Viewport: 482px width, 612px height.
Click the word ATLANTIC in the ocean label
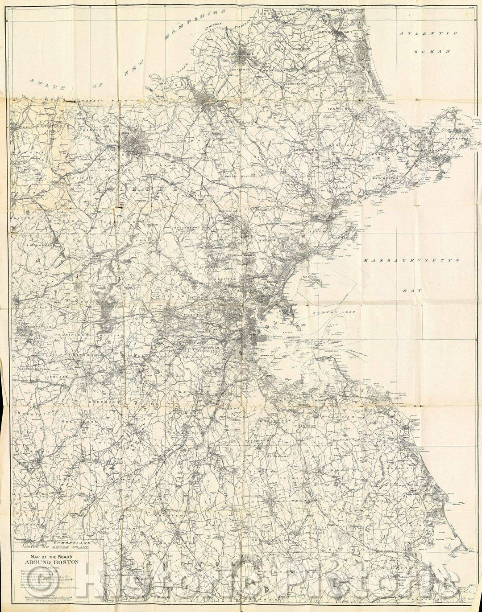click(x=428, y=33)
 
